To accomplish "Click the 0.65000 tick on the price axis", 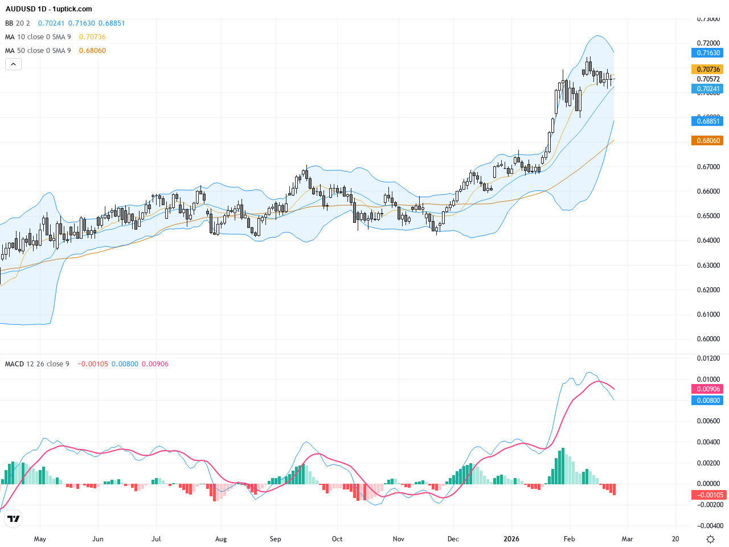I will pyautogui.click(x=708, y=216).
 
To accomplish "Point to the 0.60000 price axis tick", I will pyautogui.click(x=708, y=339).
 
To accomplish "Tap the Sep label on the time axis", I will pyautogui.click(x=275, y=539).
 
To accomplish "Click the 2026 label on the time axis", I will pyautogui.click(x=511, y=539).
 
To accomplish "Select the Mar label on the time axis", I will pyautogui.click(x=627, y=539).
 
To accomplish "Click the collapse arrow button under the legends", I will pyautogui.click(x=13, y=64).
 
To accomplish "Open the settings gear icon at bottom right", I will pyautogui.click(x=710, y=539).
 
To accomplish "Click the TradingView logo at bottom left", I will pyautogui.click(x=13, y=519).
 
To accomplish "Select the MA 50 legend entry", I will pyautogui.click(x=38, y=51).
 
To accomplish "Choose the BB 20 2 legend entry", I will pyautogui.click(x=18, y=23).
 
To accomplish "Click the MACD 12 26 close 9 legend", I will pyautogui.click(x=37, y=364).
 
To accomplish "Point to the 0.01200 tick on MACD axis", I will pyautogui.click(x=708, y=358).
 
